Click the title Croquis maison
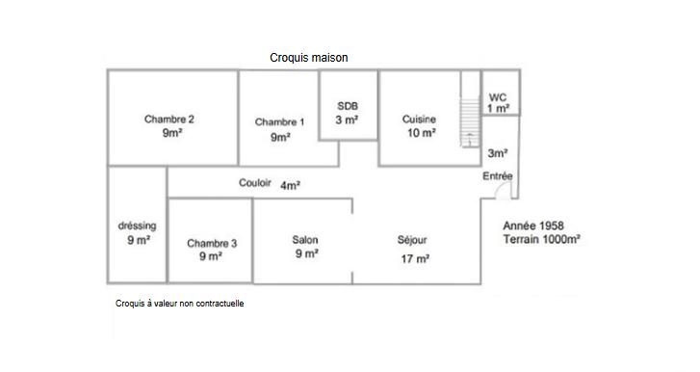309,58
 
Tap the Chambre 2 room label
169,120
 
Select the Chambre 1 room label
280,122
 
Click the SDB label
348,105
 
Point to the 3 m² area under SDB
348,120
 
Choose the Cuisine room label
420,119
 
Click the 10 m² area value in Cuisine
420,134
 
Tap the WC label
498,97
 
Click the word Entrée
498,176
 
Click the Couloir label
255,183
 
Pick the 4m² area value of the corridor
291,185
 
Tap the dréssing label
137,226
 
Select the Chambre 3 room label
212,243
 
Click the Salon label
305,240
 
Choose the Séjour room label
412,240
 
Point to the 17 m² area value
415,258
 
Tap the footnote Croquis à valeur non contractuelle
180,303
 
